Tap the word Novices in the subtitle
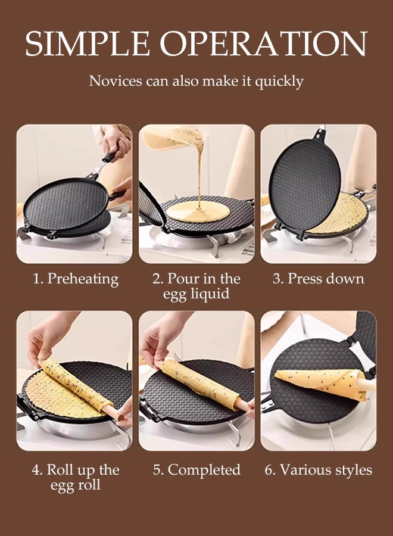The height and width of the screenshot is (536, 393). [115, 81]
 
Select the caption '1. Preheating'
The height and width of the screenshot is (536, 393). [75, 279]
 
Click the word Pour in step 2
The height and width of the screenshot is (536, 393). [183, 279]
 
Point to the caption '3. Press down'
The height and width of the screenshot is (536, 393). [318, 279]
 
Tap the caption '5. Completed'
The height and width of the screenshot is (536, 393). [196, 469]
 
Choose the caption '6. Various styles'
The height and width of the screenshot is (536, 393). [318, 469]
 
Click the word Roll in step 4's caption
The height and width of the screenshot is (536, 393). [61, 469]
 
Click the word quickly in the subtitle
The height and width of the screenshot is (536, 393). [279, 81]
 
